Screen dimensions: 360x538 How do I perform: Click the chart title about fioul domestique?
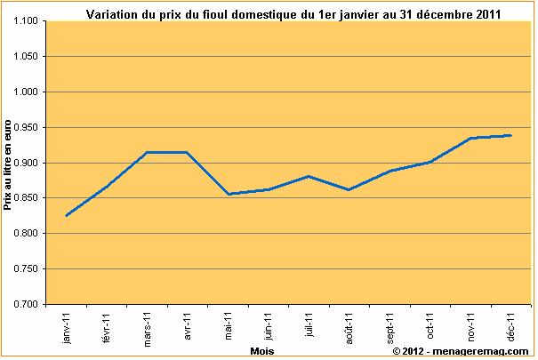click(293, 14)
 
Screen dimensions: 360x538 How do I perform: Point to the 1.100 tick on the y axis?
click(30, 21)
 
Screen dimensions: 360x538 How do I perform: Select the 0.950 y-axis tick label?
click(30, 127)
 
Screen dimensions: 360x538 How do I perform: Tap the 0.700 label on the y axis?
click(30, 304)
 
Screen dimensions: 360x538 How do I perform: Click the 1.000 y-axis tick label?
click(30, 92)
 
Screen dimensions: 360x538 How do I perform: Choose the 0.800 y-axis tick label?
click(30, 234)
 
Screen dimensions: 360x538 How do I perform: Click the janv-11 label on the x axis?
click(67, 327)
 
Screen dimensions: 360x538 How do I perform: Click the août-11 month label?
click(349, 326)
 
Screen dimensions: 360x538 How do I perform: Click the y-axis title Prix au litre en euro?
click(9, 165)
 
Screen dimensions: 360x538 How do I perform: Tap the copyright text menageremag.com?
click(460, 352)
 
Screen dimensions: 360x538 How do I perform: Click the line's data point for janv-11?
click(67, 215)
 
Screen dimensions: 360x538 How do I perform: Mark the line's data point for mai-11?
click(229, 194)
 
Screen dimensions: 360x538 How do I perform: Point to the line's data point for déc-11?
click(510, 135)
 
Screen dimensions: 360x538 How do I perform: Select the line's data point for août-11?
click(349, 189)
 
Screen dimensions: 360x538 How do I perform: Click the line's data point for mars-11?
click(148, 152)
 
